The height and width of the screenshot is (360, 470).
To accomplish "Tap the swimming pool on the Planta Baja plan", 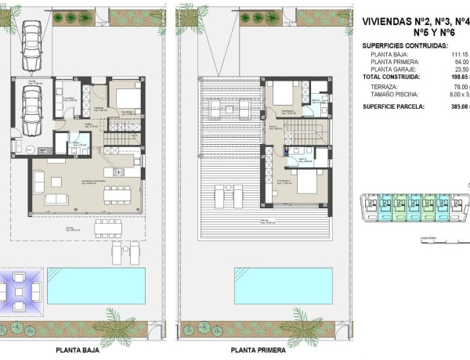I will [96, 285].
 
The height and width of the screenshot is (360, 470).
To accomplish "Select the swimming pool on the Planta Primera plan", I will [279, 285].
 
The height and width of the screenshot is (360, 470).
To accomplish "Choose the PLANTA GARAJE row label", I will [398, 69].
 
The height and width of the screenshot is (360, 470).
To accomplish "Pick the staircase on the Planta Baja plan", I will [121, 141].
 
